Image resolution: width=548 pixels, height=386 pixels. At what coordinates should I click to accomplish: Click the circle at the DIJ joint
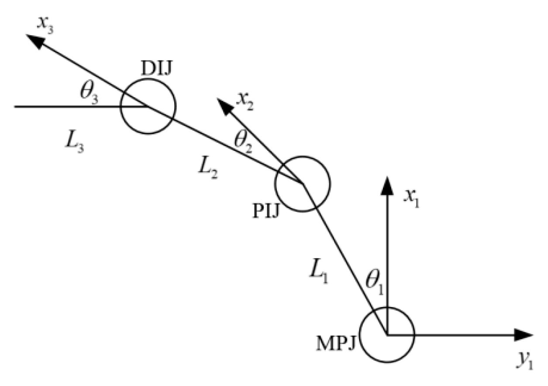(148, 106)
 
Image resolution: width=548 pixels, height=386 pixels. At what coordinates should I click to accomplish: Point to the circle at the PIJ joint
(302, 184)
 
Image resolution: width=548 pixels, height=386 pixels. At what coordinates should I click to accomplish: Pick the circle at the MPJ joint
(386, 335)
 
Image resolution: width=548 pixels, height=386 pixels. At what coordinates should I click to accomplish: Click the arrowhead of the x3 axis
(35, 41)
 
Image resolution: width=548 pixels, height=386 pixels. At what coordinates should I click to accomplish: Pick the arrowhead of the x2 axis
(225, 106)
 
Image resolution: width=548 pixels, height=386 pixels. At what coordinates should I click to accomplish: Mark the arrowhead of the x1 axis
(386, 185)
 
